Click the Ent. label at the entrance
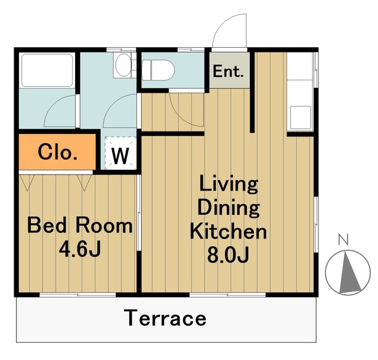[228, 71]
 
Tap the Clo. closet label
[58, 152]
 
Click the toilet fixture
[158, 70]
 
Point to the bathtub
[47, 70]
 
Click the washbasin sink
[123, 64]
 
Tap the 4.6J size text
[80, 250]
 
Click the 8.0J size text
[228, 255]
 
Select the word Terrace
[165, 318]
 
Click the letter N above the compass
[344, 240]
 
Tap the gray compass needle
[349, 272]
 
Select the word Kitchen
[229, 232]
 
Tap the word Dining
[229, 209]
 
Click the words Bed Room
[80, 225]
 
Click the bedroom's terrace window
[77, 294]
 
